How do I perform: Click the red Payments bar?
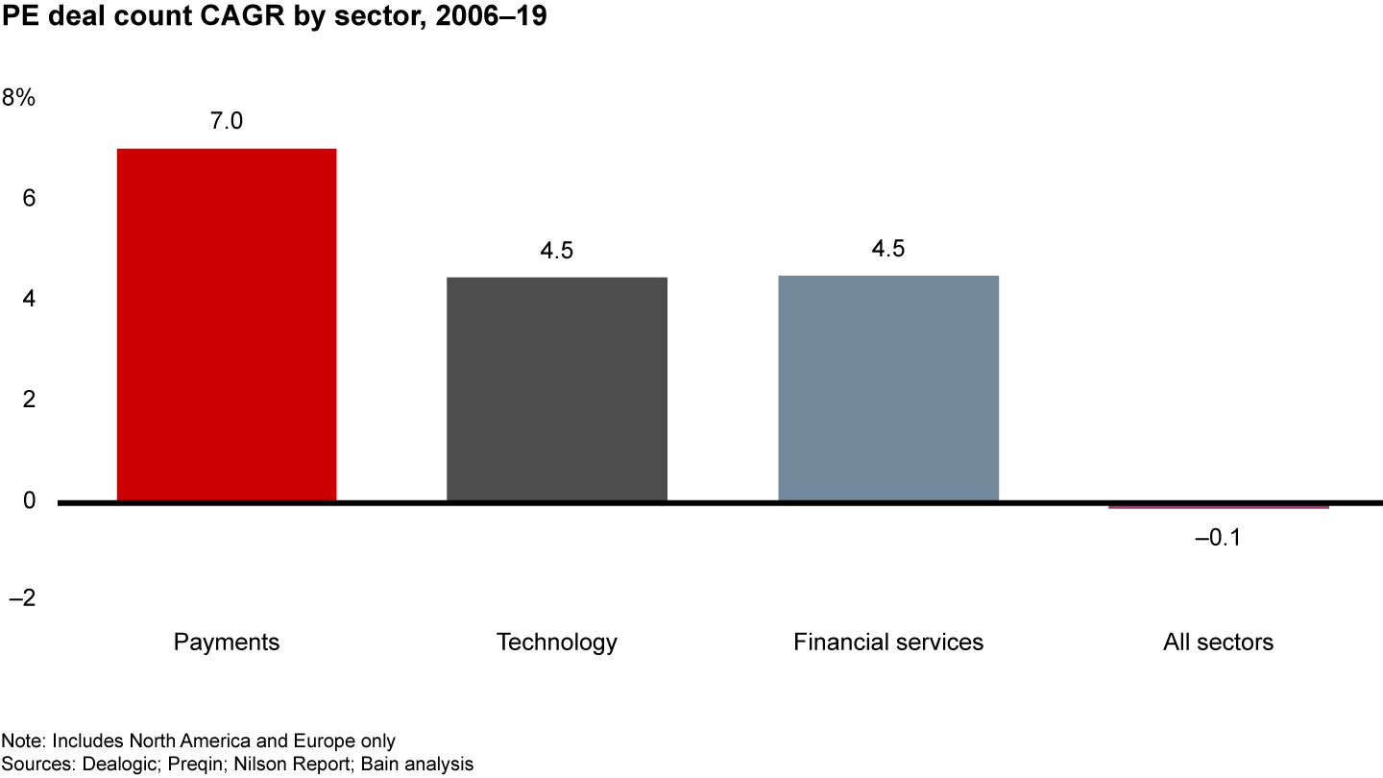click(x=227, y=325)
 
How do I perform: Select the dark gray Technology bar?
click(x=557, y=389)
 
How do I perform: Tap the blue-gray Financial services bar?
click(x=888, y=388)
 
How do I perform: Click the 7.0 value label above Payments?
click(x=227, y=122)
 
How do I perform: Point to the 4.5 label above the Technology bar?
click(x=557, y=251)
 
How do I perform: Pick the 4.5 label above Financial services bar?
click(x=888, y=250)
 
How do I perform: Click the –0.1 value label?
click(x=1218, y=539)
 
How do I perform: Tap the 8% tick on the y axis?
click(x=19, y=98)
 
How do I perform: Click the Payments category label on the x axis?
click(x=227, y=643)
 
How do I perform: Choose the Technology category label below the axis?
click(x=557, y=643)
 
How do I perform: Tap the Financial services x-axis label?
click(x=888, y=643)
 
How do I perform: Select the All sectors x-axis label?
click(x=1218, y=643)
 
